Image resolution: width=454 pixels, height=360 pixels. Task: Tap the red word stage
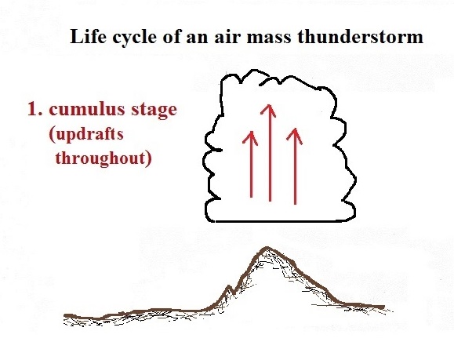tap(154, 111)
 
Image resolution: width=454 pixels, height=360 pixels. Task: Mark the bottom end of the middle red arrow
tap(270, 200)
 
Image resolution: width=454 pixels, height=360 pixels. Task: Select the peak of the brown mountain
tap(267, 248)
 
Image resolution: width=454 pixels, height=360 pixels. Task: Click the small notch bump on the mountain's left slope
tap(230, 287)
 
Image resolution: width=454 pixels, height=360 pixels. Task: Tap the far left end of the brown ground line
tap(65, 315)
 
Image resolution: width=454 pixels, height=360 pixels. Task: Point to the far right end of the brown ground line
tap(383, 306)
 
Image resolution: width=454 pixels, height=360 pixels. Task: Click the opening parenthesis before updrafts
tap(52, 136)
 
